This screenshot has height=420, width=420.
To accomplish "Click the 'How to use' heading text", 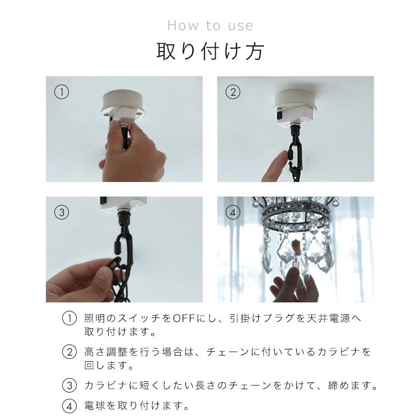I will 210,26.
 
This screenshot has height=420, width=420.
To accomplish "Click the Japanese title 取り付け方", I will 210,52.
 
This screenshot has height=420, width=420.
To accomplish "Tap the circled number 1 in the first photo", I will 61,92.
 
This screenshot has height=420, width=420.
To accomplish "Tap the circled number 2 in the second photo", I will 233,92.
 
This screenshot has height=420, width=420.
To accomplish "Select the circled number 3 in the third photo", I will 61,212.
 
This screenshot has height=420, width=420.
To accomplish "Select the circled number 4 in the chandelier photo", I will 233,212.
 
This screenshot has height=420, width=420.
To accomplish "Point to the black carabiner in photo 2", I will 292,151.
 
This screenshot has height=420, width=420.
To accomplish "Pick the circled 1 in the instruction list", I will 68,319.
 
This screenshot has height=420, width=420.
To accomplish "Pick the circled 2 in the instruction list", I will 68,352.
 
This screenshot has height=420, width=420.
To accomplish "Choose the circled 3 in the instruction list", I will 68,385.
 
